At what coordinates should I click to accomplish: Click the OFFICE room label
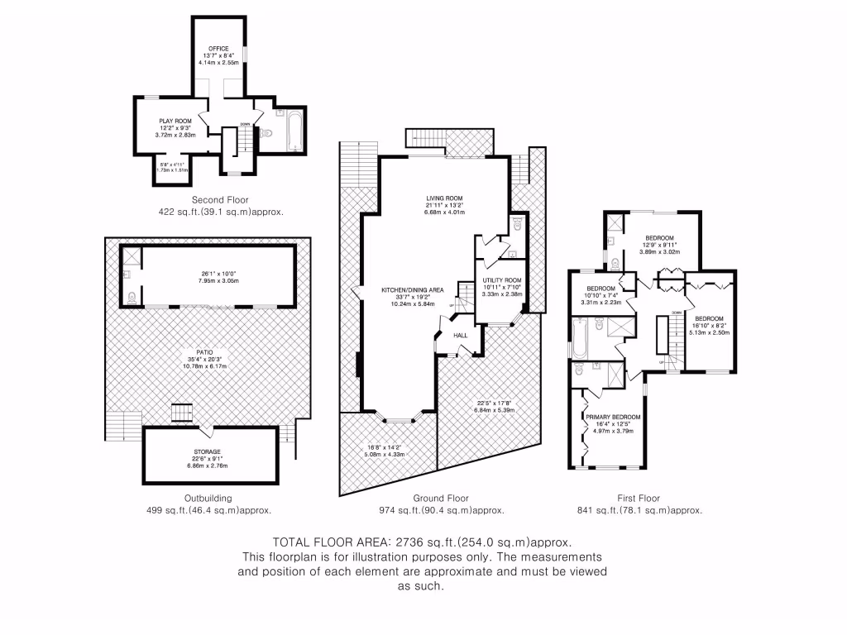tap(218, 49)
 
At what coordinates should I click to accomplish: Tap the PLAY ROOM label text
tap(175, 122)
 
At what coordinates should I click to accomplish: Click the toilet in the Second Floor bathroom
tap(266, 133)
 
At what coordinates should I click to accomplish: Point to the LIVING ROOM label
tap(445, 198)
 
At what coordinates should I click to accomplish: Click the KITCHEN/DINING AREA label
tap(413, 290)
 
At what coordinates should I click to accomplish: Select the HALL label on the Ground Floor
tap(461, 335)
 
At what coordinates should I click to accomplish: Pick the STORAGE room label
tap(208, 451)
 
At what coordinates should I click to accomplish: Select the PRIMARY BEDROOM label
tap(613, 417)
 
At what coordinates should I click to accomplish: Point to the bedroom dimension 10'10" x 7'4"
tap(600, 295)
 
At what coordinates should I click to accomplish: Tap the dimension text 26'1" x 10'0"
tap(208, 275)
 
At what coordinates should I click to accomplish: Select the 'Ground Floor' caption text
tap(441, 499)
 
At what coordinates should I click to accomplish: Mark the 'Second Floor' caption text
tap(220, 200)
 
